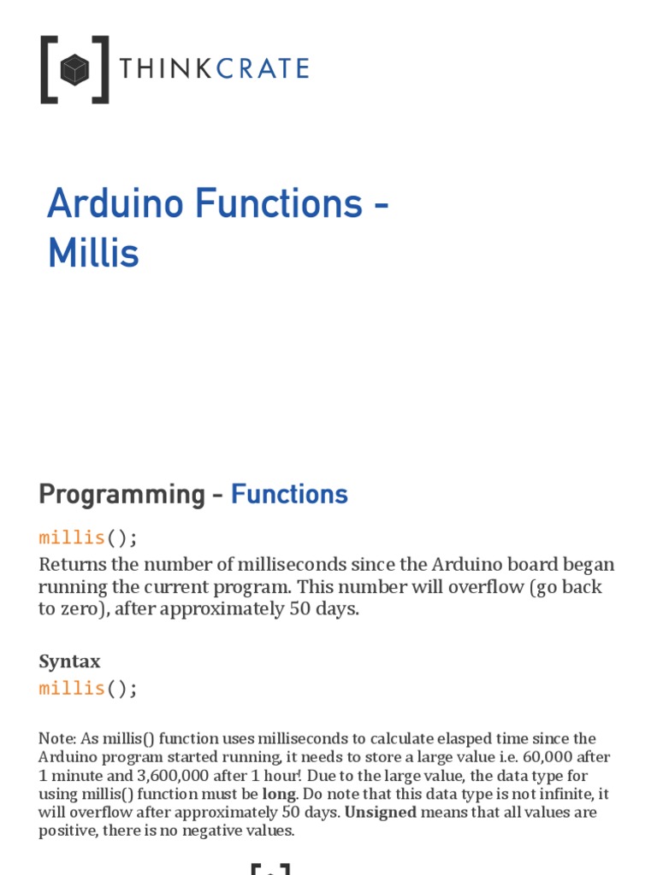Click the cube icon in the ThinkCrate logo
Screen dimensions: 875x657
[x=74, y=69]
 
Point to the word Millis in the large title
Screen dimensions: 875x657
[x=93, y=254]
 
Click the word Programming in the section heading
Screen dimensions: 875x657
[x=116, y=495]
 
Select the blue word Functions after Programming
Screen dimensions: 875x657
[x=289, y=495]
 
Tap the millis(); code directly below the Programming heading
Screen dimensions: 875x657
[x=87, y=537]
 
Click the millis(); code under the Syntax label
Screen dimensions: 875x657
[x=87, y=689]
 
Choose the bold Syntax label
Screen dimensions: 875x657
[x=69, y=661]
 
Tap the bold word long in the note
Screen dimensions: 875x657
[x=278, y=794]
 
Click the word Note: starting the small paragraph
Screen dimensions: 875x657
[x=56, y=739]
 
